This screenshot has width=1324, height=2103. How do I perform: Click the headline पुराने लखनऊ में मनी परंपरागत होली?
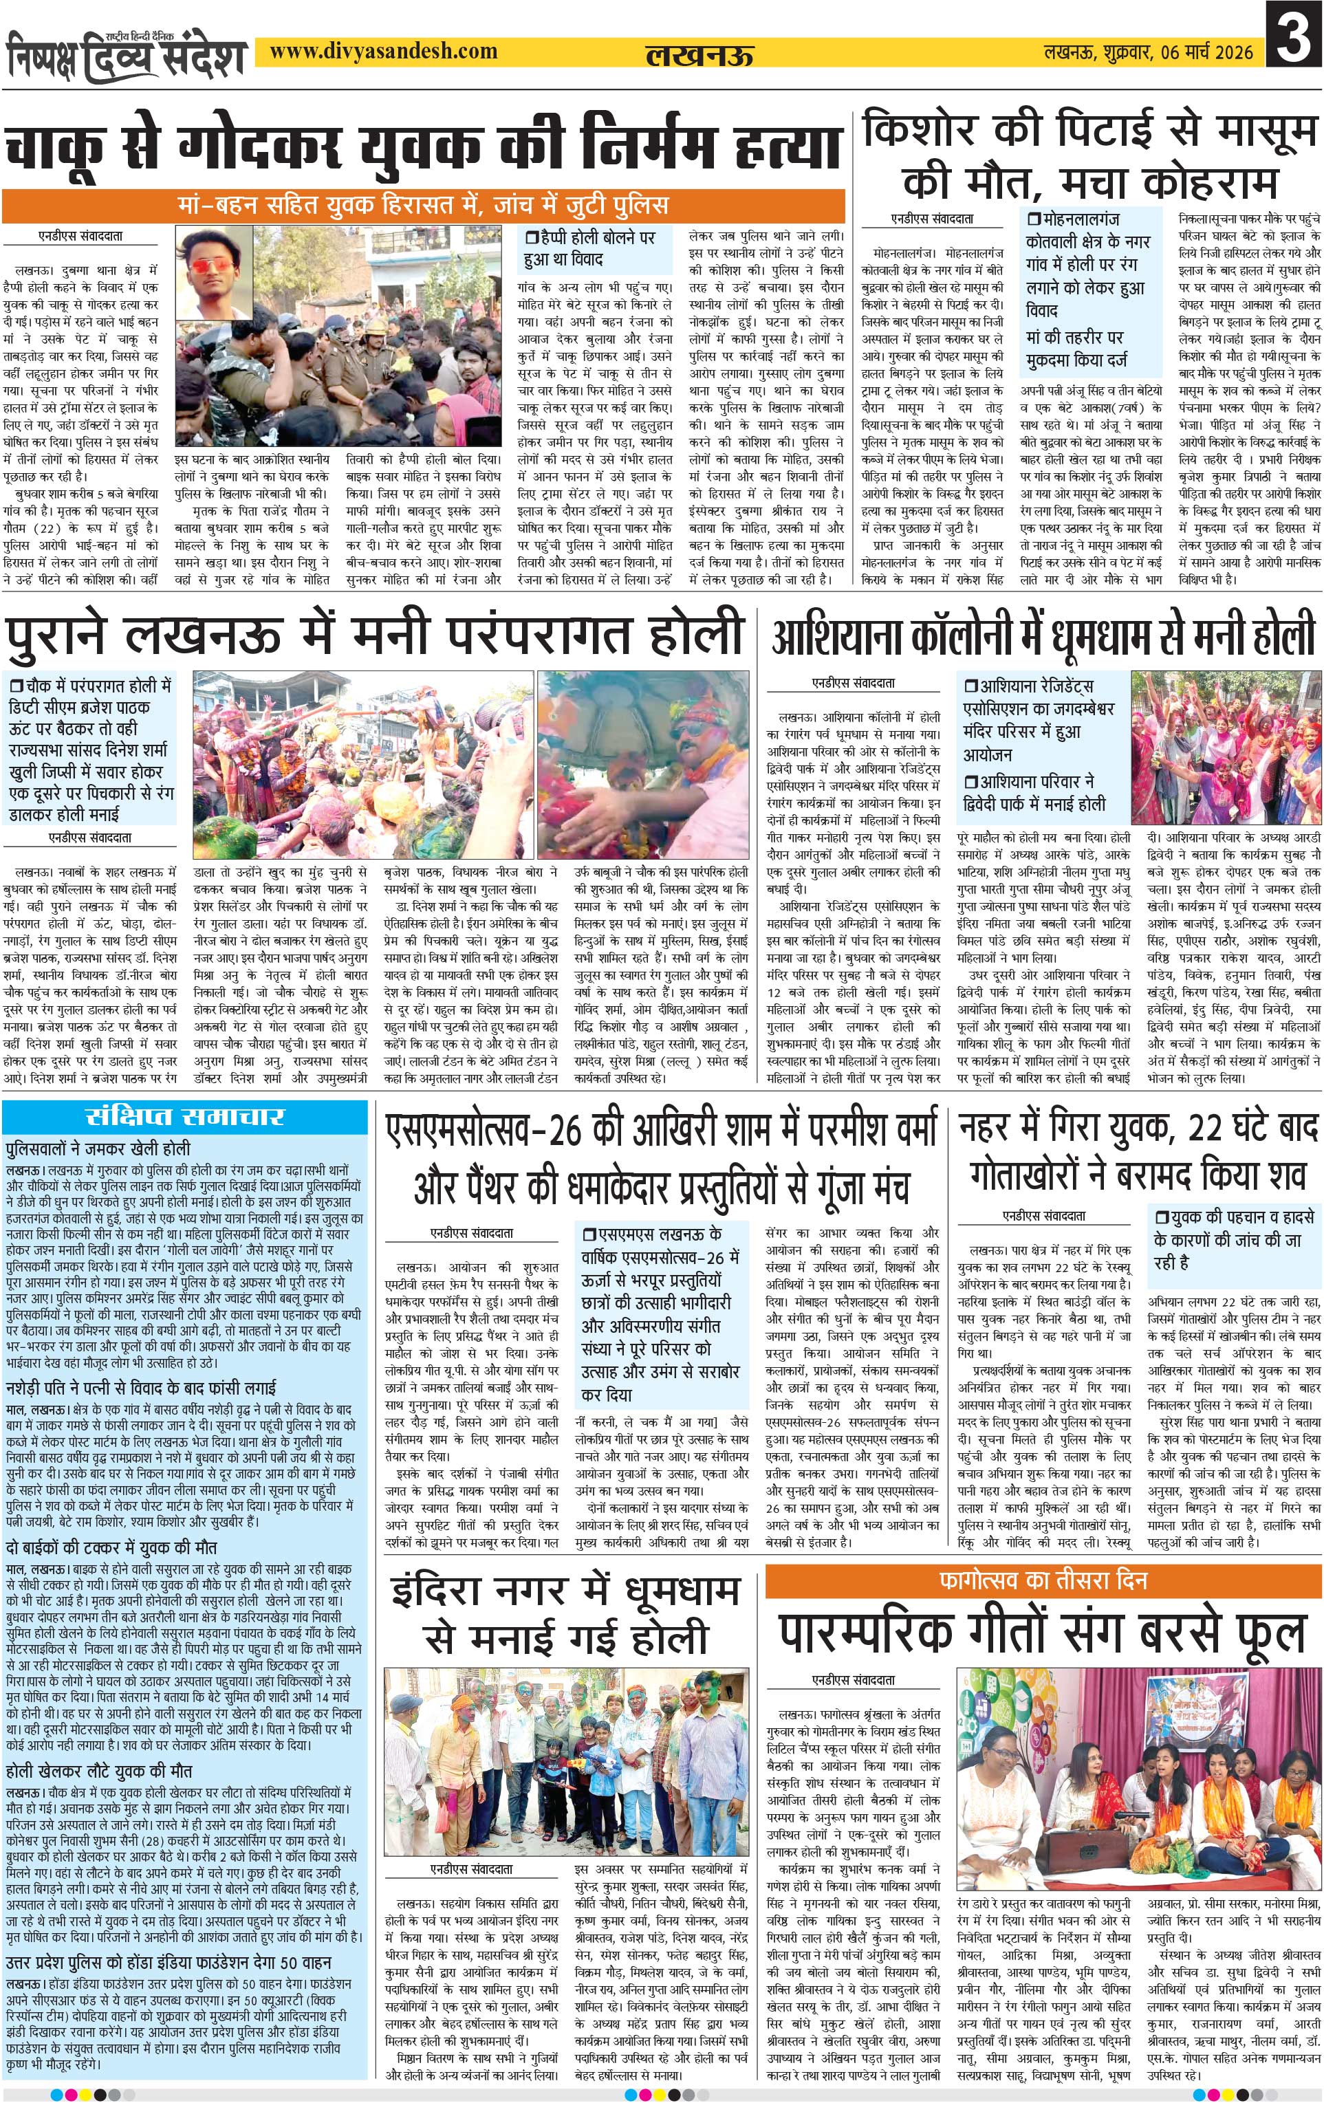coord(373,634)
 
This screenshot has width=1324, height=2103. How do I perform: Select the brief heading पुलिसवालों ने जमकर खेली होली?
coord(98,1148)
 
